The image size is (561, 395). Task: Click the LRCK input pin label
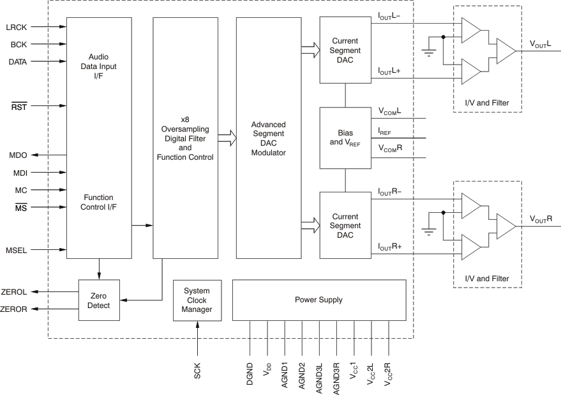click(x=17, y=27)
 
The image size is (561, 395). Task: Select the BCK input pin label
click(x=19, y=45)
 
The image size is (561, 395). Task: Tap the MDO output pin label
click(x=18, y=155)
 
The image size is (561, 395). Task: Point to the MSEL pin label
click(x=17, y=250)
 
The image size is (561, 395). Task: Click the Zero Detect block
click(x=98, y=300)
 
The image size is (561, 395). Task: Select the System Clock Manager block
click(x=197, y=300)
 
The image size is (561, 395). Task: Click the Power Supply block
click(x=318, y=299)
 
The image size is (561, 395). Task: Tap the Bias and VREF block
click(x=345, y=138)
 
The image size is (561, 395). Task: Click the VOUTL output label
click(x=540, y=43)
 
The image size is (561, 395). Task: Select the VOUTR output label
click(x=540, y=219)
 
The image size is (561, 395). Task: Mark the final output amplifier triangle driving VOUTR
click(x=506, y=224)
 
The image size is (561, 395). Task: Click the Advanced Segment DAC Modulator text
click(x=268, y=139)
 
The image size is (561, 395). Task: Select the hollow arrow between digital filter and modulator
click(x=225, y=137)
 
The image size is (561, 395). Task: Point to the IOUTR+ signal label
click(x=389, y=245)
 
